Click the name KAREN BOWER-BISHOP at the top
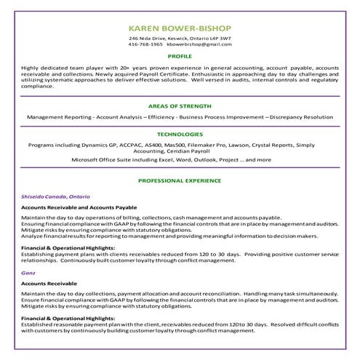point(180,26)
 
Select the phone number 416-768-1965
point(145,44)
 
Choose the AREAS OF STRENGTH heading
point(180,105)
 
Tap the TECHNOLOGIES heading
point(180,135)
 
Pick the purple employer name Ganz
point(28,273)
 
